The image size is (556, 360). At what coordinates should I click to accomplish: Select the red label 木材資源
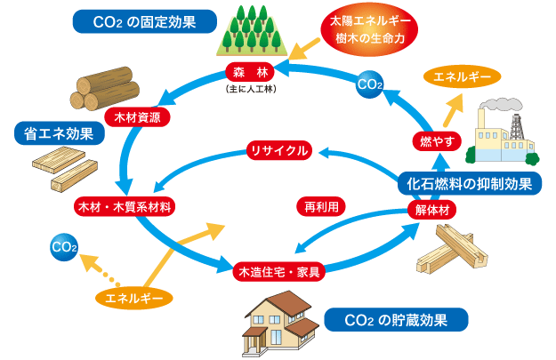tap(138, 116)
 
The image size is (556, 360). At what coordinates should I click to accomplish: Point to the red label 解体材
tap(436, 211)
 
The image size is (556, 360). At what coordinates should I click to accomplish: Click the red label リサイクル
tap(278, 151)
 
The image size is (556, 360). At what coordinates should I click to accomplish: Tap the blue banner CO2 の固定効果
tap(146, 20)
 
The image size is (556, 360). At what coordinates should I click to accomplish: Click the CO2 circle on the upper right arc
tap(369, 84)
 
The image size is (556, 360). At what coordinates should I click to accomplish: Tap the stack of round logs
tap(105, 82)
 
